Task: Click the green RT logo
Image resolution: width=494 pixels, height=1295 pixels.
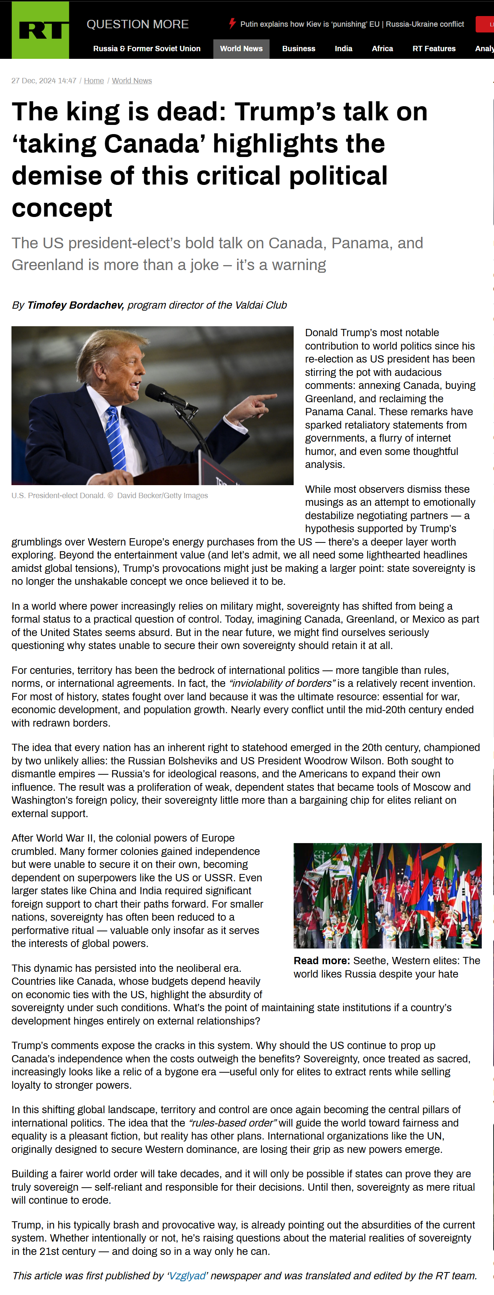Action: click(40, 30)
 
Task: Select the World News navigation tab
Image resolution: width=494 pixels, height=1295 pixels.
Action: click(241, 49)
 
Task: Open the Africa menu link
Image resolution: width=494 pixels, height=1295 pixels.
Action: click(382, 49)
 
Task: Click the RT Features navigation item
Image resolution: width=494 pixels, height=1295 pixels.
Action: click(434, 49)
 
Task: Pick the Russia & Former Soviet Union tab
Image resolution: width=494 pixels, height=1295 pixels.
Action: click(146, 49)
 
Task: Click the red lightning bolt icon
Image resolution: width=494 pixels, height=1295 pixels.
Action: click(232, 23)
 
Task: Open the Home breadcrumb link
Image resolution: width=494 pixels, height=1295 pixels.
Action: click(94, 81)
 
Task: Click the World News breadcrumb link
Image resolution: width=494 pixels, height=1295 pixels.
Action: click(132, 81)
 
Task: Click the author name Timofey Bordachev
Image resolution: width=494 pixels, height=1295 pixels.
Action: click(75, 305)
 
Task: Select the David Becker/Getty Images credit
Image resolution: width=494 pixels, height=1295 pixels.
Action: click(162, 496)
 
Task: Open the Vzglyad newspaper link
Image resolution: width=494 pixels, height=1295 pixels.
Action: click(187, 1276)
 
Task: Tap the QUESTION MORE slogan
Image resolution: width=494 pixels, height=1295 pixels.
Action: click(137, 24)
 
